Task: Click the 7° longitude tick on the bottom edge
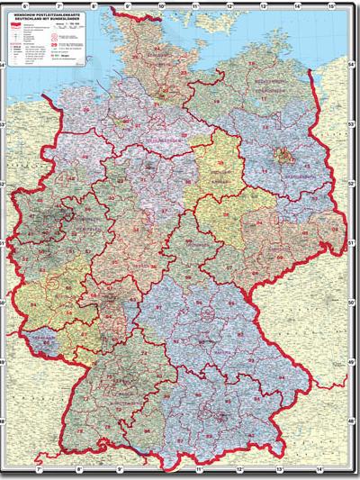click(x=39, y=470)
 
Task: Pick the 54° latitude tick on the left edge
click(x=4, y=65)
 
